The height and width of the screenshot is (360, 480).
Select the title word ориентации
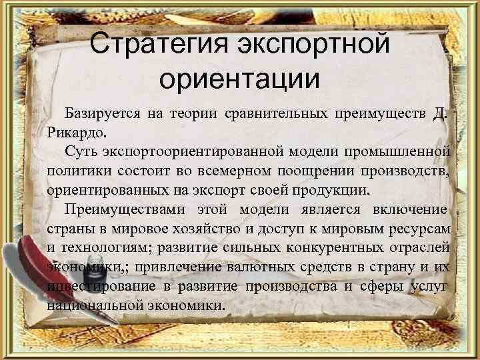click(239, 78)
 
